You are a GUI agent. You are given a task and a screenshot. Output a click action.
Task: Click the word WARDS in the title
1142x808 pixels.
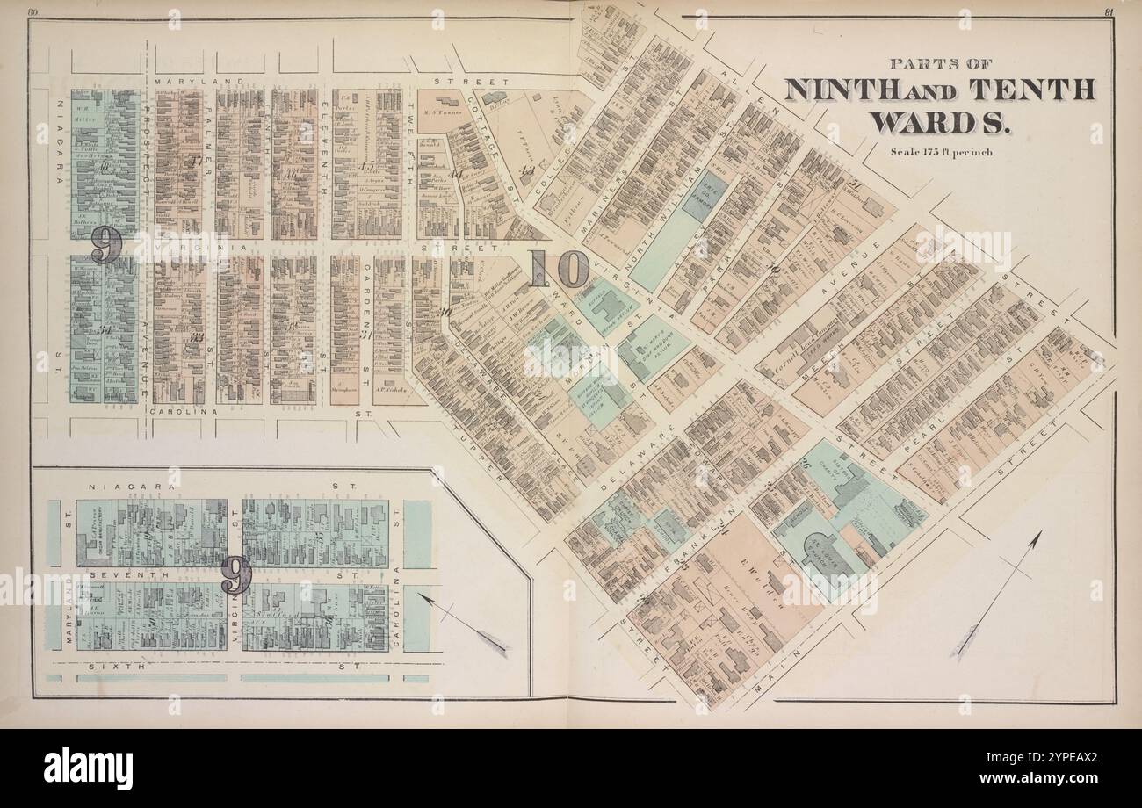point(939,121)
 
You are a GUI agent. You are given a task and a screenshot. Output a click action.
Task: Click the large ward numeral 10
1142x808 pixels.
point(559,269)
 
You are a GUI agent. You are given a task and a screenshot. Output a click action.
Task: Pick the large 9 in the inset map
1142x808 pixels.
point(235,575)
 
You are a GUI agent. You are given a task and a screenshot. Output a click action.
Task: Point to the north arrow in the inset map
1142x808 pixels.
point(463,624)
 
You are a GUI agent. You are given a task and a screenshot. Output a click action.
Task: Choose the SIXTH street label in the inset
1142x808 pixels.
point(107,667)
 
